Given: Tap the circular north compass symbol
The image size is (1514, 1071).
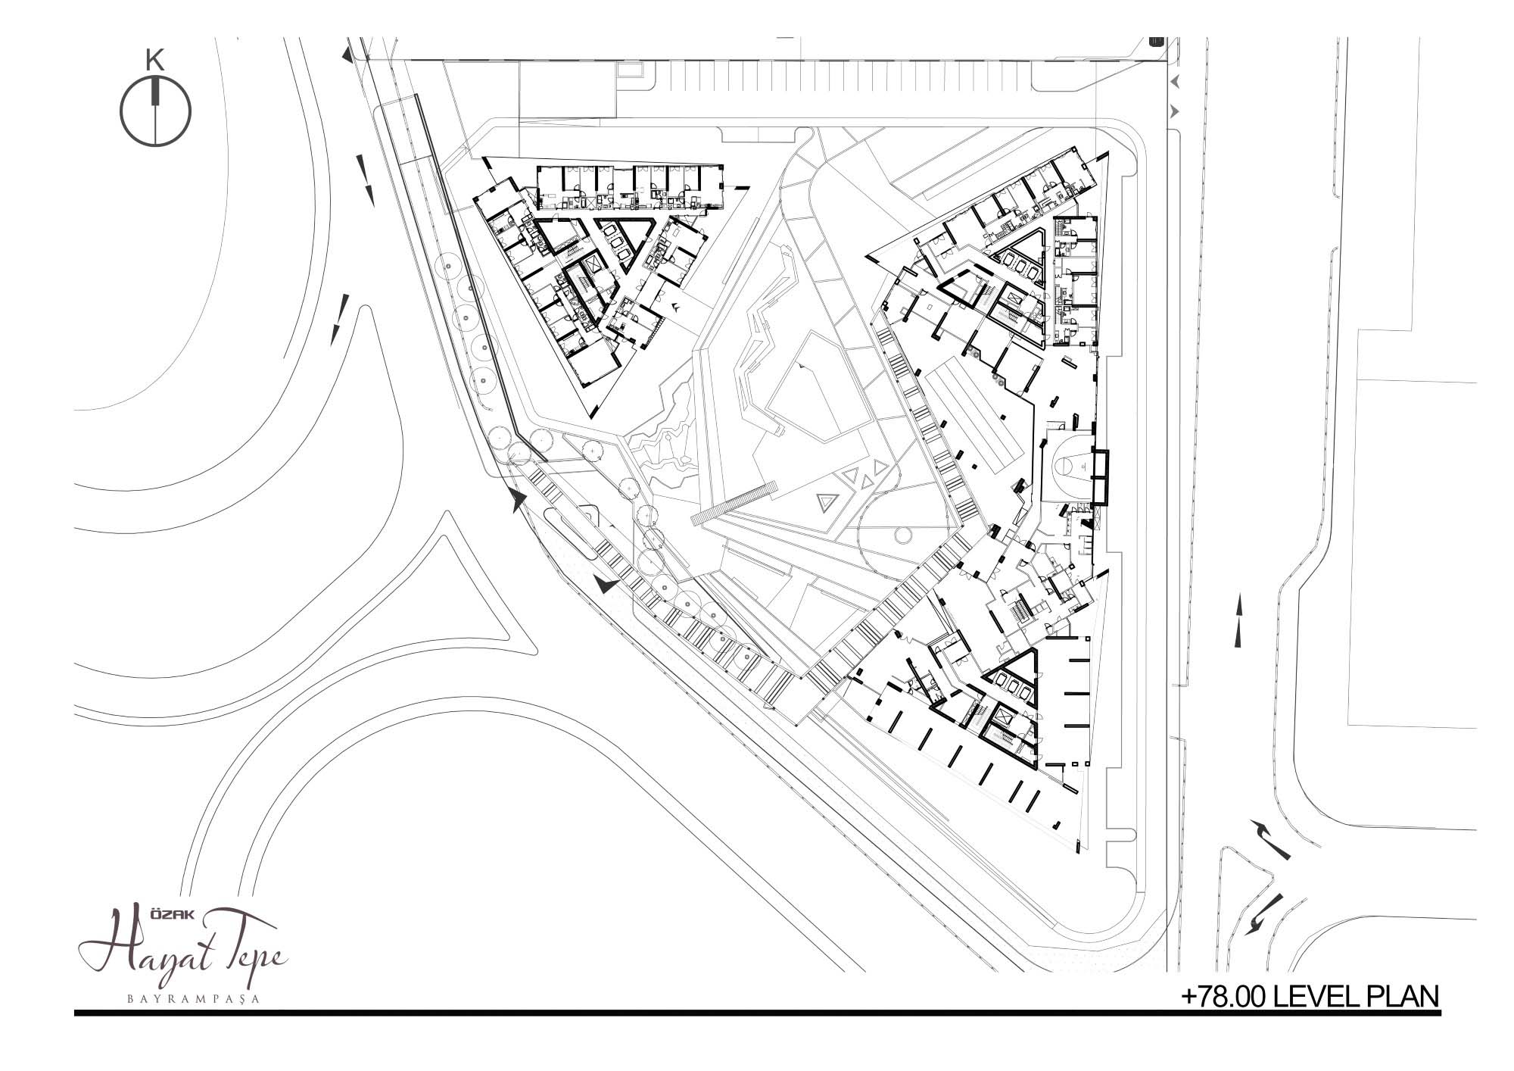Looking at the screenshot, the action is tap(156, 111).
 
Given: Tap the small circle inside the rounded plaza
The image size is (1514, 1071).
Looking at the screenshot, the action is tap(902, 535).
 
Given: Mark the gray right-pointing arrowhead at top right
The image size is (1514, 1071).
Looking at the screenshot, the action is tap(1176, 111).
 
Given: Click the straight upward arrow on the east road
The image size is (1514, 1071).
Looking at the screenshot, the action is tap(1239, 620).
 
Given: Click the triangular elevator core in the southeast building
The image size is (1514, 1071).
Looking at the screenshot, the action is tap(1013, 679).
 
